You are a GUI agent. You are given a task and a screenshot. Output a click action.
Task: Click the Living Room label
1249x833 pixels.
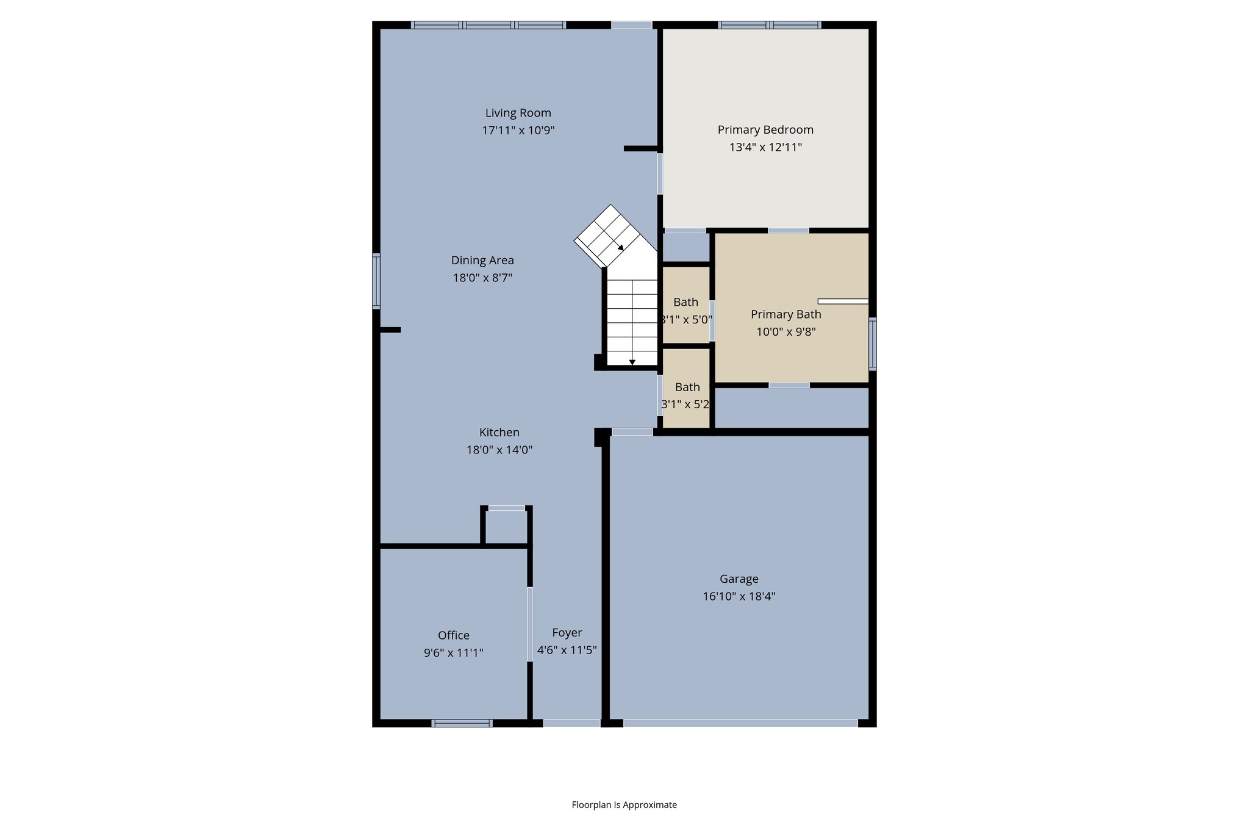[518, 113]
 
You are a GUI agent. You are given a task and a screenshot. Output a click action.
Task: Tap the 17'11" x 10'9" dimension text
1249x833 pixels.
[518, 131]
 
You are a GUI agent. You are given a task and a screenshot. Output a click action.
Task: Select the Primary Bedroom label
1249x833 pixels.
[765, 130]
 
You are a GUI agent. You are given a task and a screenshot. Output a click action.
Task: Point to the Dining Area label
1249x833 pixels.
[482, 261]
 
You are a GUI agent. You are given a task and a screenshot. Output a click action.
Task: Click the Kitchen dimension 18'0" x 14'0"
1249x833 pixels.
[499, 450]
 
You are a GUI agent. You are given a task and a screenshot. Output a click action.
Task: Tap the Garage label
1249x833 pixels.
[739, 579]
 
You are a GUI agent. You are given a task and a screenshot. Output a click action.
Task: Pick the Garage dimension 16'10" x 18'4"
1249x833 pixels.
[739, 597]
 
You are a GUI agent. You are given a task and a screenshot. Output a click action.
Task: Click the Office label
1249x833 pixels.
[454, 635]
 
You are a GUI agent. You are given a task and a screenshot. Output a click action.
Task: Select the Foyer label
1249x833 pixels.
[567, 633]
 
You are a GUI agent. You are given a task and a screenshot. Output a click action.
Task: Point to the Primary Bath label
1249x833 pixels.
[786, 314]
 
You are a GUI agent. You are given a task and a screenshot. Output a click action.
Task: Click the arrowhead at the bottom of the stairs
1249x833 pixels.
[632, 362]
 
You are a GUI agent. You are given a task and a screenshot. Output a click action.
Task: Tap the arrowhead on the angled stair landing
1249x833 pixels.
[620, 248]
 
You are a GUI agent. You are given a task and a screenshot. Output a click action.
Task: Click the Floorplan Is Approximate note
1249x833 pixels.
[624, 805]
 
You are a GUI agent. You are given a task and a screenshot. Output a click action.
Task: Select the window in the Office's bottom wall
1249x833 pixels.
[462, 723]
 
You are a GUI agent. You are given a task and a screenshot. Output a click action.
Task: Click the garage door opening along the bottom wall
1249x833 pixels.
[740, 723]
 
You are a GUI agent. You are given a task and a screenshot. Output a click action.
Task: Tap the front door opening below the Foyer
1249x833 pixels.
[571, 723]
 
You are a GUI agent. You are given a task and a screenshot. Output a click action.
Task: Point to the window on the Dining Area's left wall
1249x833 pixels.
[376, 281]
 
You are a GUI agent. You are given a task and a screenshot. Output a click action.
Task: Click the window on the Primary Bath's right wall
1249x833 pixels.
[873, 344]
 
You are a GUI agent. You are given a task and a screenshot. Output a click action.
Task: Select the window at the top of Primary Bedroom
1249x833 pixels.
[769, 25]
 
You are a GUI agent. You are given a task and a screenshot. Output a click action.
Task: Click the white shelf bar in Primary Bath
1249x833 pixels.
[843, 301]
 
